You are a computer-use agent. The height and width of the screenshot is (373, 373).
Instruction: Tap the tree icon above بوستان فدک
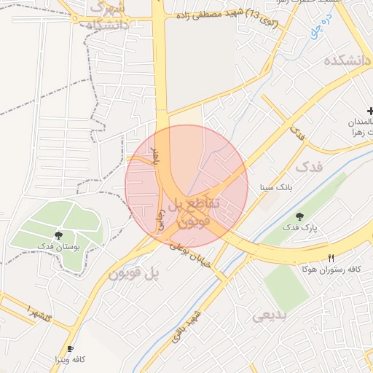(x=59, y=235)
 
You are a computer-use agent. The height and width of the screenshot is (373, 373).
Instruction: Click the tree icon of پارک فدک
(x=300, y=216)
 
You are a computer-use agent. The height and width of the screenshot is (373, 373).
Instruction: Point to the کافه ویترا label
(x=70, y=360)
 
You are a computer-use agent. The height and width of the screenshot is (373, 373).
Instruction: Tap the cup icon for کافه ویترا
(x=70, y=349)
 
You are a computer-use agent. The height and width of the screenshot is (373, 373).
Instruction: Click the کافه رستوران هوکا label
(x=331, y=269)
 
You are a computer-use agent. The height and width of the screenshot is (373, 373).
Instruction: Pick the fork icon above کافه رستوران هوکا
(x=331, y=258)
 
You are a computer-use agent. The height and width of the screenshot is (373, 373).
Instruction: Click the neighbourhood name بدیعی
(x=270, y=317)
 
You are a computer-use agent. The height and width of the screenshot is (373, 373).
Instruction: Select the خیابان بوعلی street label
(x=191, y=256)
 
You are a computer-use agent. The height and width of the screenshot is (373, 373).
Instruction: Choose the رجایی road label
(x=162, y=217)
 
